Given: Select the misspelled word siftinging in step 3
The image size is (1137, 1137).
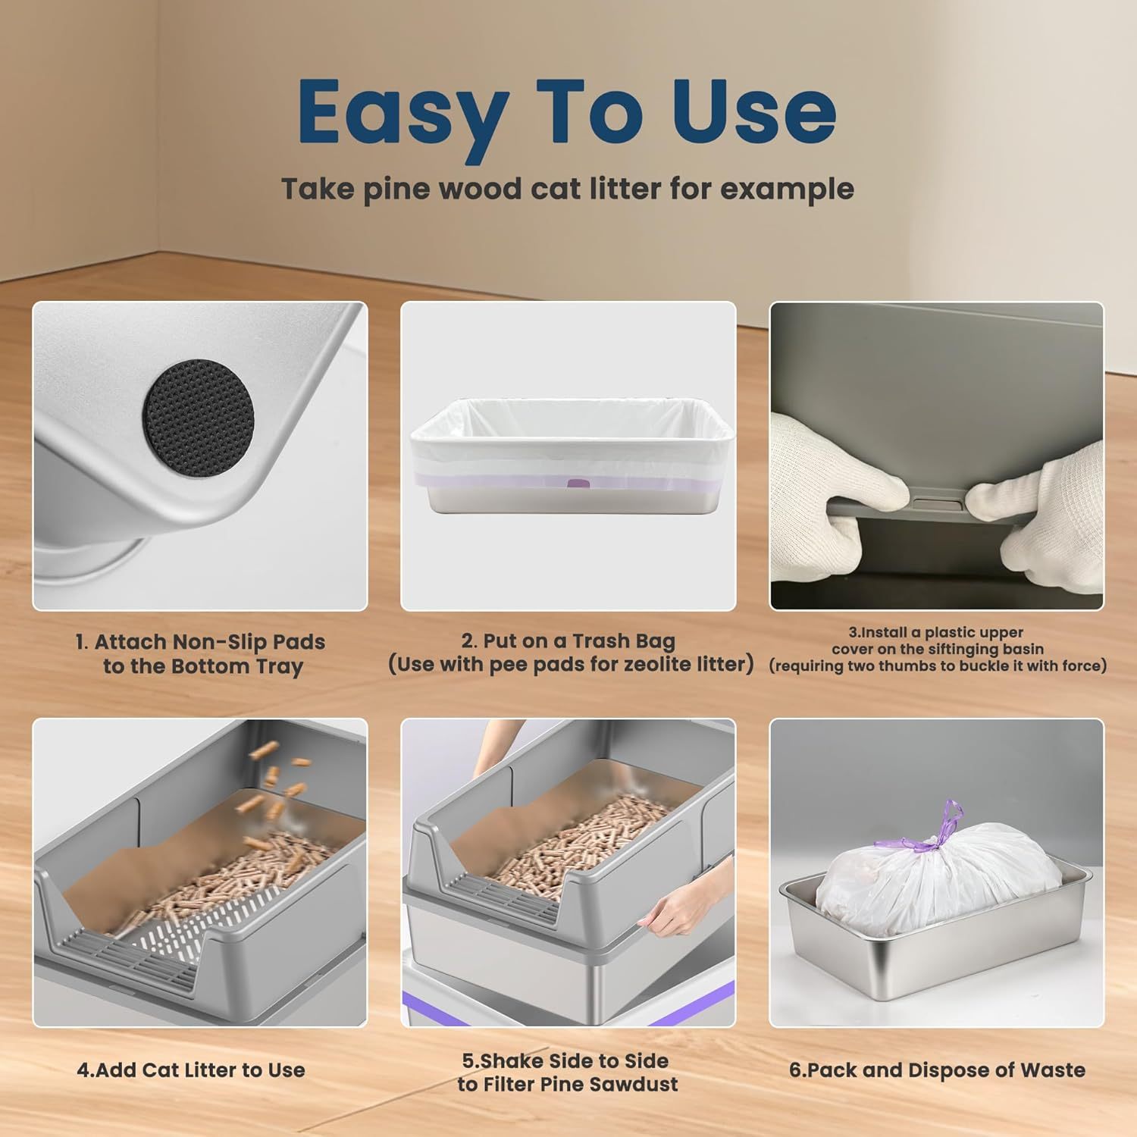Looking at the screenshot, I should coord(959,649).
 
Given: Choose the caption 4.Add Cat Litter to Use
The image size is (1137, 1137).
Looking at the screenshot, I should coord(191,1070).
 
